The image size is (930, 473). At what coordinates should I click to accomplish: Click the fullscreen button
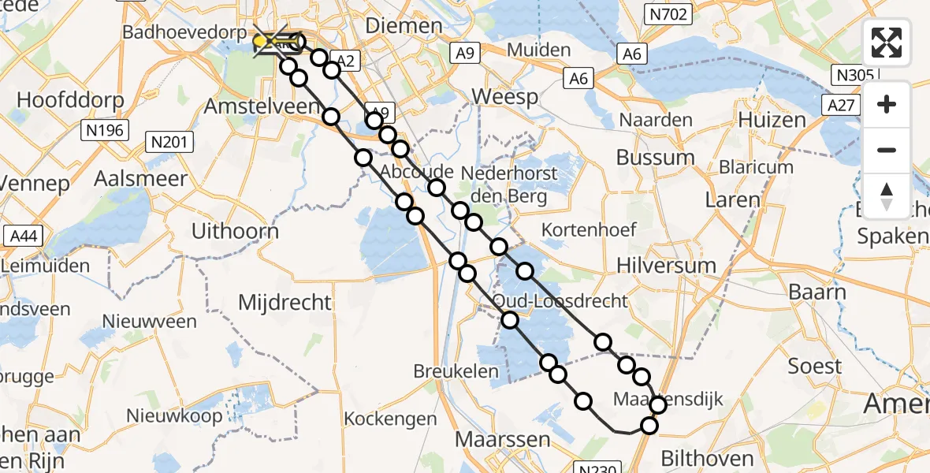[x=887, y=43]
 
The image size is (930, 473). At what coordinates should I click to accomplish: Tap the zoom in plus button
[x=887, y=104]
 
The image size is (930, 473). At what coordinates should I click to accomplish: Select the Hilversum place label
[x=668, y=265]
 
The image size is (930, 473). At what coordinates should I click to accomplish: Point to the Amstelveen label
[x=248, y=106]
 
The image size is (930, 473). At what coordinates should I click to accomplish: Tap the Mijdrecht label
[x=285, y=302]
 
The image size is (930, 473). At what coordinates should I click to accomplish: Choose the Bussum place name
[x=655, y=157]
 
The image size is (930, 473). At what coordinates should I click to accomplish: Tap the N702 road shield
[x=668, y=14]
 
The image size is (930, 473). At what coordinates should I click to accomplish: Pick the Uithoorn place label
[x=236, y=231]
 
